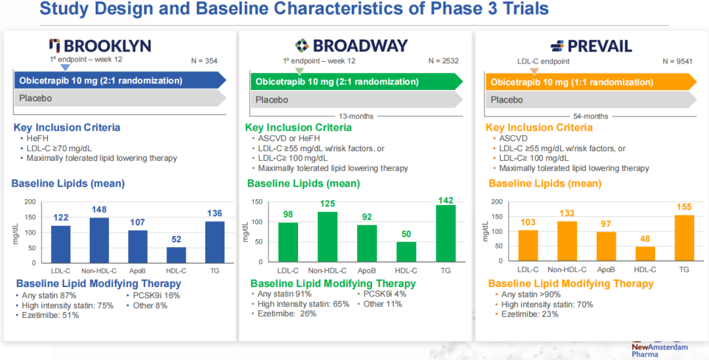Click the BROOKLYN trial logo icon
[55, 45]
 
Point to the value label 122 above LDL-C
[60, 218]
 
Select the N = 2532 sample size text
[443, 61]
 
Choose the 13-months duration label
[356, 116]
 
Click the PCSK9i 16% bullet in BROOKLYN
[152, 296]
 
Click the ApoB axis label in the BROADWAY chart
[367, 270]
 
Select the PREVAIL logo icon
[557, 46]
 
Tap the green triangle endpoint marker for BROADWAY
[299, 70]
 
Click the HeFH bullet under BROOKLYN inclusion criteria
[35, 139]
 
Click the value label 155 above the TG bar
[683, 207]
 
